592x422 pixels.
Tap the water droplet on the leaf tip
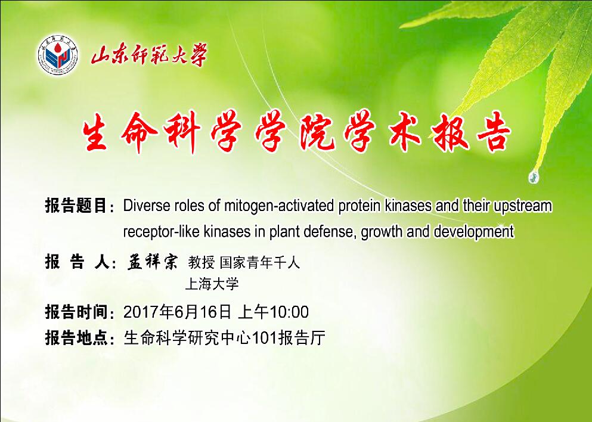534,176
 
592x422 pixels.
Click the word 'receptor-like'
161,231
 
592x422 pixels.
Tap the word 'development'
474,231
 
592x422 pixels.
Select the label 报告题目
75,206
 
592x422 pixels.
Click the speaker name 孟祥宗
152,261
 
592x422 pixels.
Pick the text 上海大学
212,284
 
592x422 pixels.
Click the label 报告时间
75,312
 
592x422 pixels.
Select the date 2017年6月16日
177,312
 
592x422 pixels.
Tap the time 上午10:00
274,312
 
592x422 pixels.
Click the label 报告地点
75,337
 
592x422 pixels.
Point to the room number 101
264,338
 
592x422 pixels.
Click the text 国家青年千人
260,262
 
